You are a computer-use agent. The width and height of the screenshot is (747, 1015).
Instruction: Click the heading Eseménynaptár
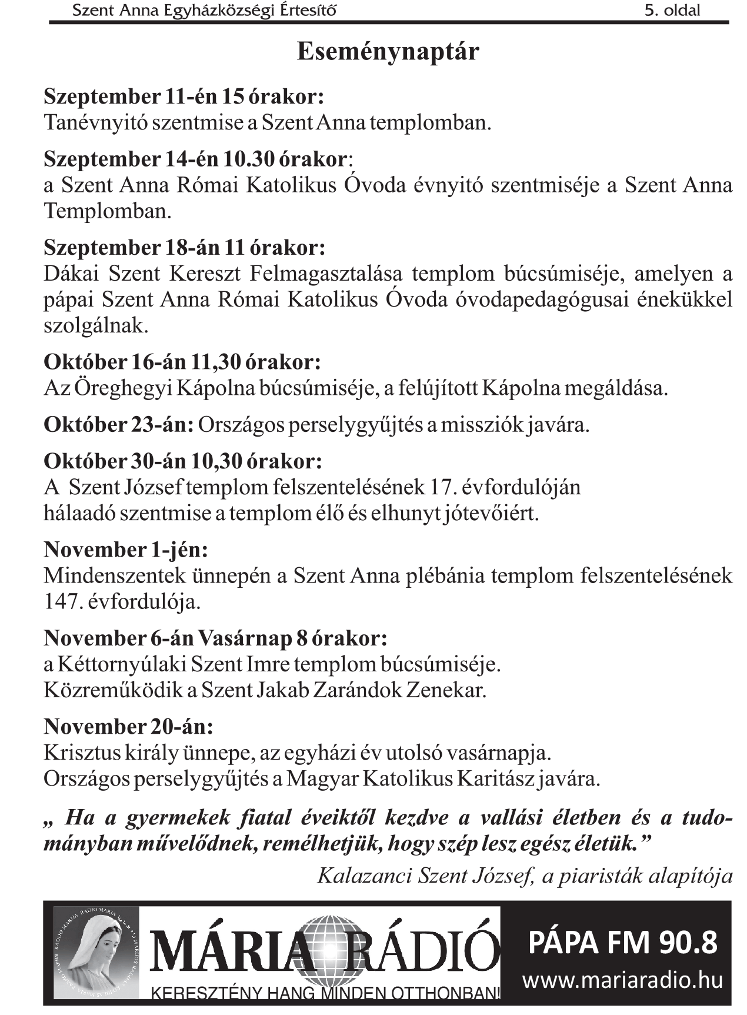(x=388, y=52)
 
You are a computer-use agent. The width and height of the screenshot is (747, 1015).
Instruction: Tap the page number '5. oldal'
(x=672, y=10)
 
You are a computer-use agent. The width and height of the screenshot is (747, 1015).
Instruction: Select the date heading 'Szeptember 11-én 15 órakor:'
(x=184, y=96)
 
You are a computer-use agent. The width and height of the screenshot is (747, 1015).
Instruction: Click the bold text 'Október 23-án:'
(x=118, y=424)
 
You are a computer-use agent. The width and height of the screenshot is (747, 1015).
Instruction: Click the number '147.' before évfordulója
(x=62, y=602)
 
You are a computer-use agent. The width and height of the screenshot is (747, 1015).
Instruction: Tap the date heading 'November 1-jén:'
(x=126, y=550)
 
